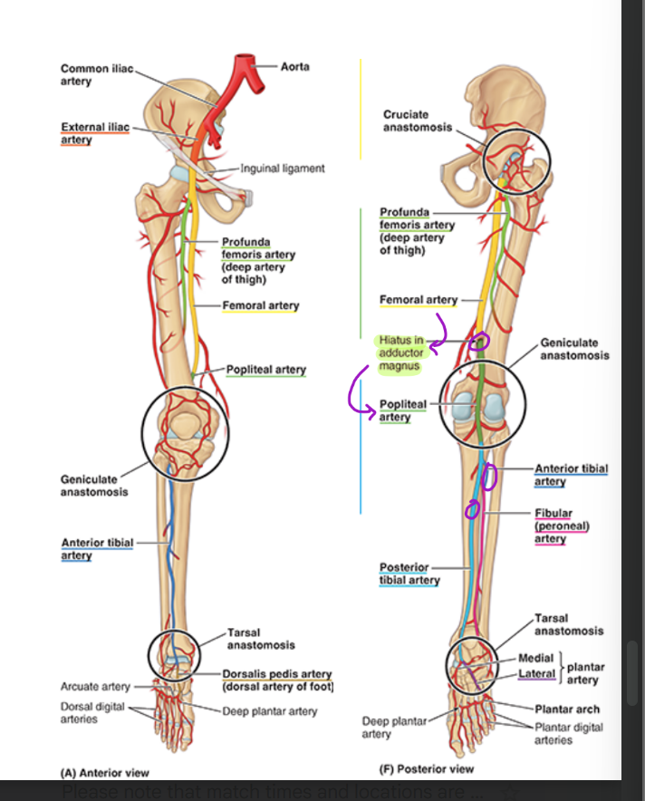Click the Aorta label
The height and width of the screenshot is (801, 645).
[294, 66]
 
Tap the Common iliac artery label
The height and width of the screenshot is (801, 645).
[89, 74]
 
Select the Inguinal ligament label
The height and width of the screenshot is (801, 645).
[282, 169]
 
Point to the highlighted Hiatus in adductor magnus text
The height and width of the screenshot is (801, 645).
[401, 353]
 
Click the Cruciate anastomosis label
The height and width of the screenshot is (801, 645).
[416, 121]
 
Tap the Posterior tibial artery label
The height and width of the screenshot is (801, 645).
[409, 574]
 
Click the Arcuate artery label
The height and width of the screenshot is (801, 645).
[95, 686]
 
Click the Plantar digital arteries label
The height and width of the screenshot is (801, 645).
[568, 733]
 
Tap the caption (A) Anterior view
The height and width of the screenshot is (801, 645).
[104, 773]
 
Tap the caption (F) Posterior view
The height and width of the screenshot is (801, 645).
[425, 769]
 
